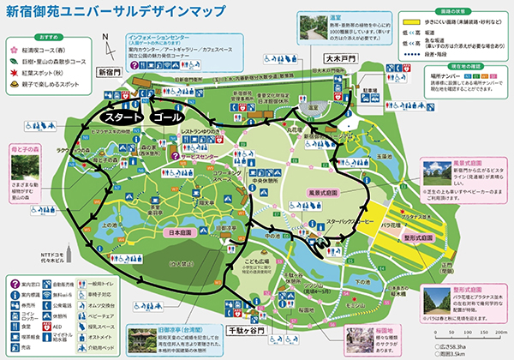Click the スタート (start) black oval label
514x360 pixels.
(x=122, y=115)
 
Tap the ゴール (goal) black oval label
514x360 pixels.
(x=172, y=115)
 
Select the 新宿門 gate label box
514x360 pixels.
(x=111, y=72)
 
